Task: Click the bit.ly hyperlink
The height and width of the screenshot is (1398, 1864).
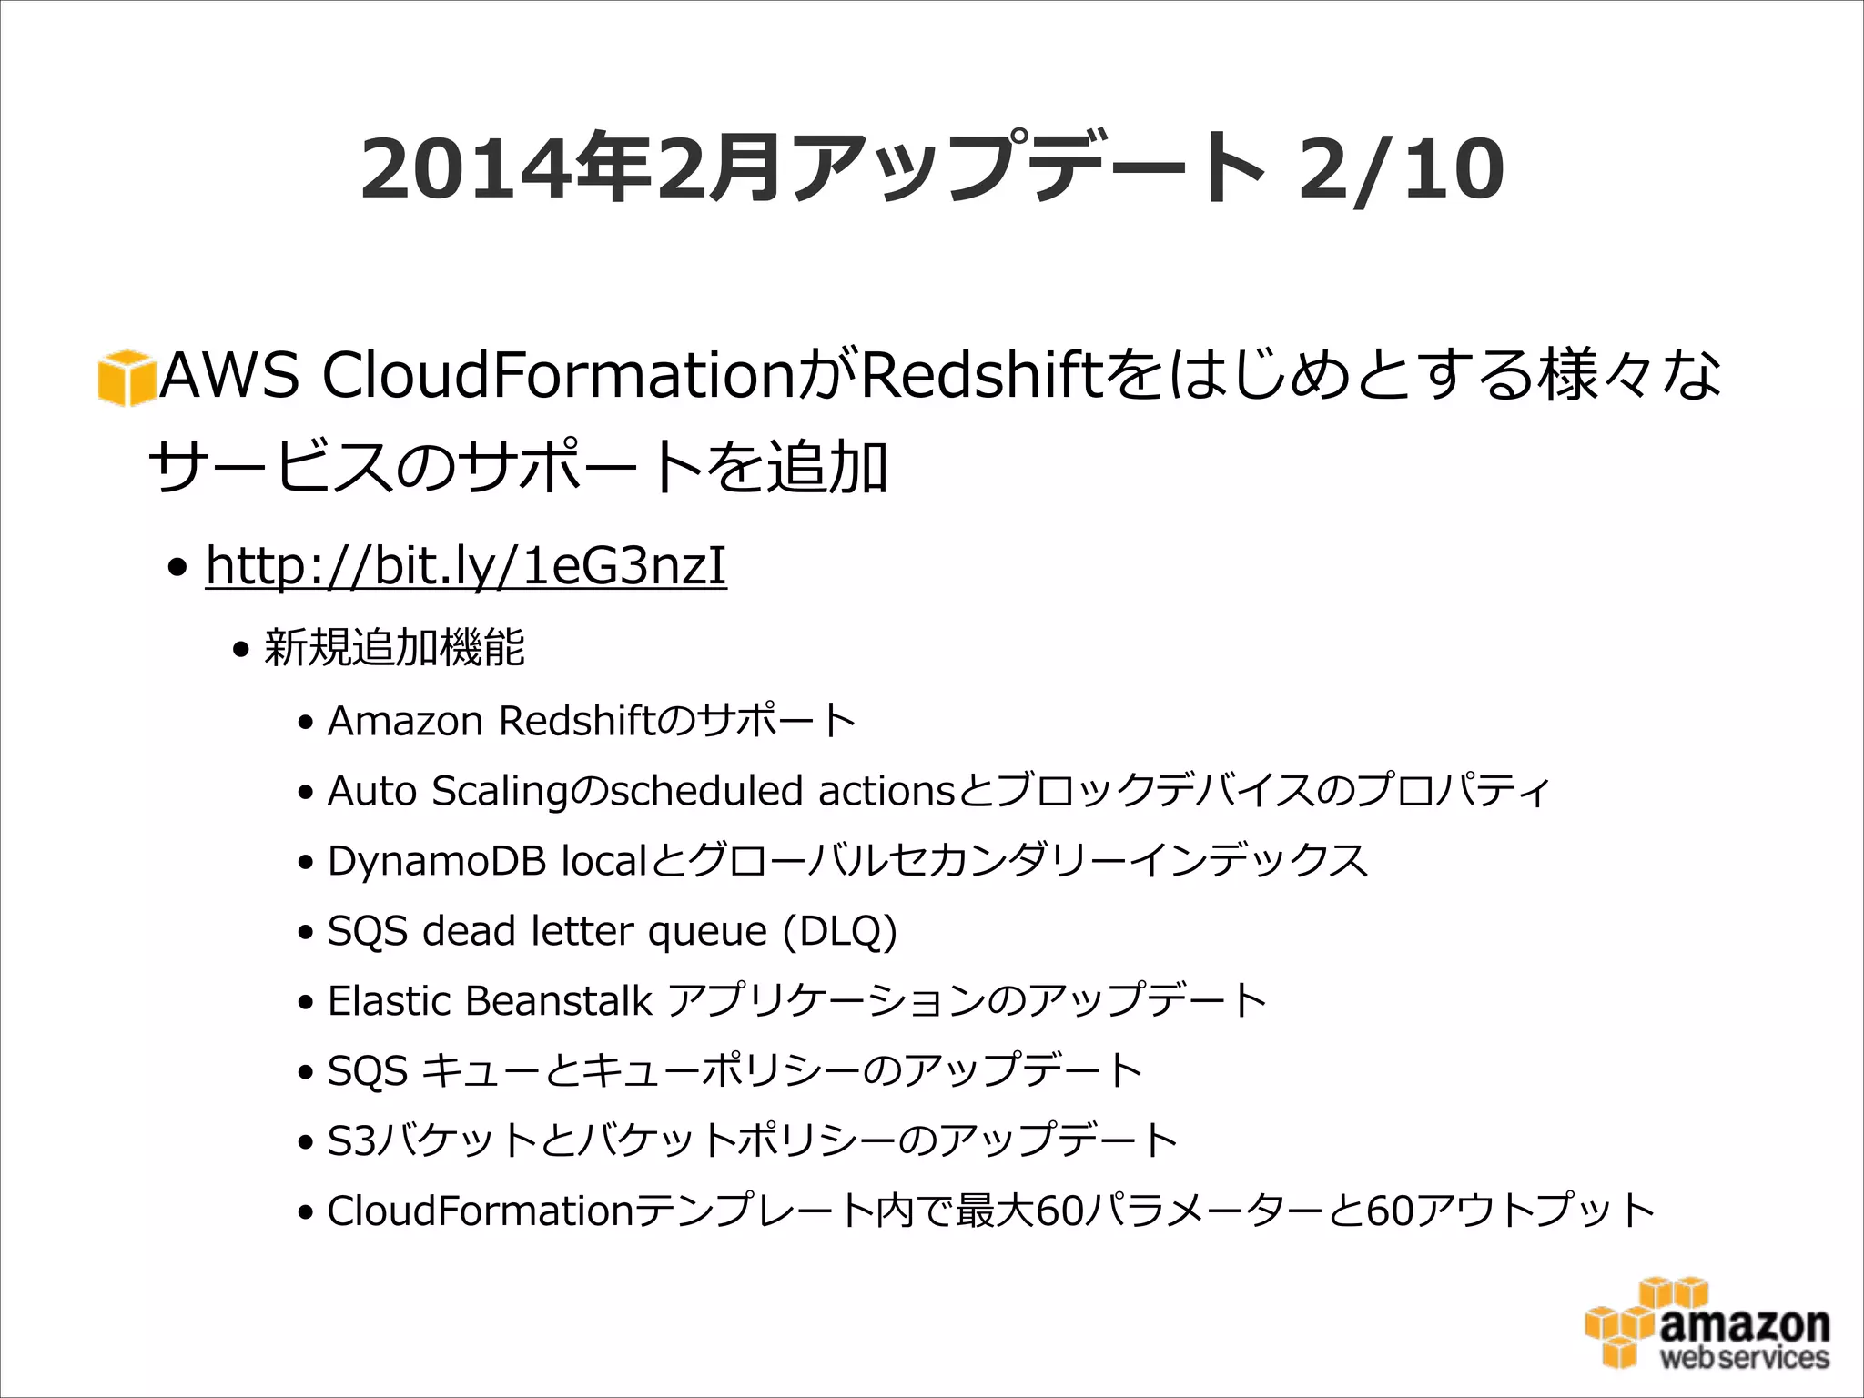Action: click(x=466, y=566)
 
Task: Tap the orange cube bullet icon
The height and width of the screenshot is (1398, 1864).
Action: click(x=126, y=377)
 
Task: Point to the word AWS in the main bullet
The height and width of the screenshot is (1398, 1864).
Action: click(x=229, y=375)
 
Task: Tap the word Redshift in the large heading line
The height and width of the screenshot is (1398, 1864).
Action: click(x=981, y=375)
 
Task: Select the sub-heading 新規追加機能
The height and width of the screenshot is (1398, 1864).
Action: click(x=394, y=648)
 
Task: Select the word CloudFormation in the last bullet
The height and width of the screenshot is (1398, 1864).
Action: click(x=480, y=1211)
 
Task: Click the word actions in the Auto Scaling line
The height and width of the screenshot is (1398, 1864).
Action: click(x=886, y=791)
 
